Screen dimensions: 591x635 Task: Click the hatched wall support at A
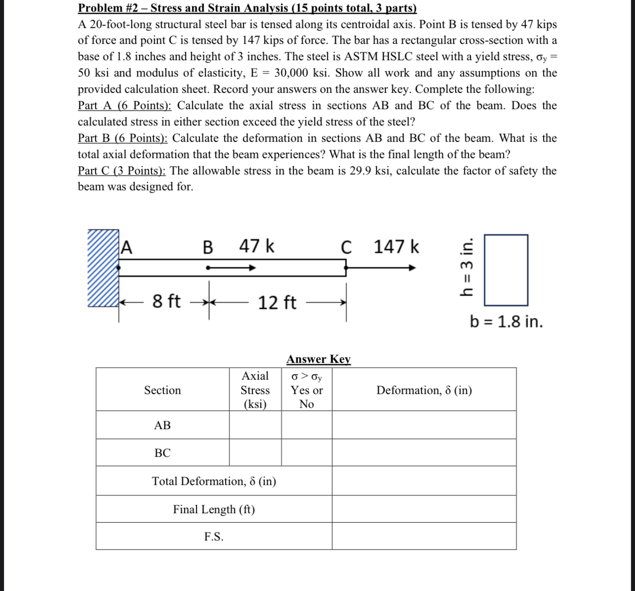click(x=103, y=268)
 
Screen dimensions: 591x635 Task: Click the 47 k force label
click(x=257, y=246)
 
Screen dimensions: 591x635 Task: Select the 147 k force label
click(x=396, y=246)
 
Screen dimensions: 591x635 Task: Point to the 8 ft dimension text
click(x=167, y=301)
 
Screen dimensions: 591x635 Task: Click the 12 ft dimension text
click(x=277, y=302)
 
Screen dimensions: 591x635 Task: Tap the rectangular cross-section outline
click(x=505, y=270)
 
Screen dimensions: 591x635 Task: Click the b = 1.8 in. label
click(x=506, y=322)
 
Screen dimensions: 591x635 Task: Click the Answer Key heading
click(x=318, y=359)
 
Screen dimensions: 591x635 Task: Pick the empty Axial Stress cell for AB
click(x=255, y=425)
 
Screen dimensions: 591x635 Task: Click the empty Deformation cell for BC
click(x=424, y=453)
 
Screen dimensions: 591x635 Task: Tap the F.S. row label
click(x=214, y=537)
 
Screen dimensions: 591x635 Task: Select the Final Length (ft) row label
click(x=214, y=509)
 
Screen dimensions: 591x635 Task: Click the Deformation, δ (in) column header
click(x=424, y=390)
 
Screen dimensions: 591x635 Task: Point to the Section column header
click(x=162, y=390)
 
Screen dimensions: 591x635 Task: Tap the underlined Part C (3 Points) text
click(x=122, y=171)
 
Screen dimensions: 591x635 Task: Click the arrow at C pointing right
click(x=381, y=268)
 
